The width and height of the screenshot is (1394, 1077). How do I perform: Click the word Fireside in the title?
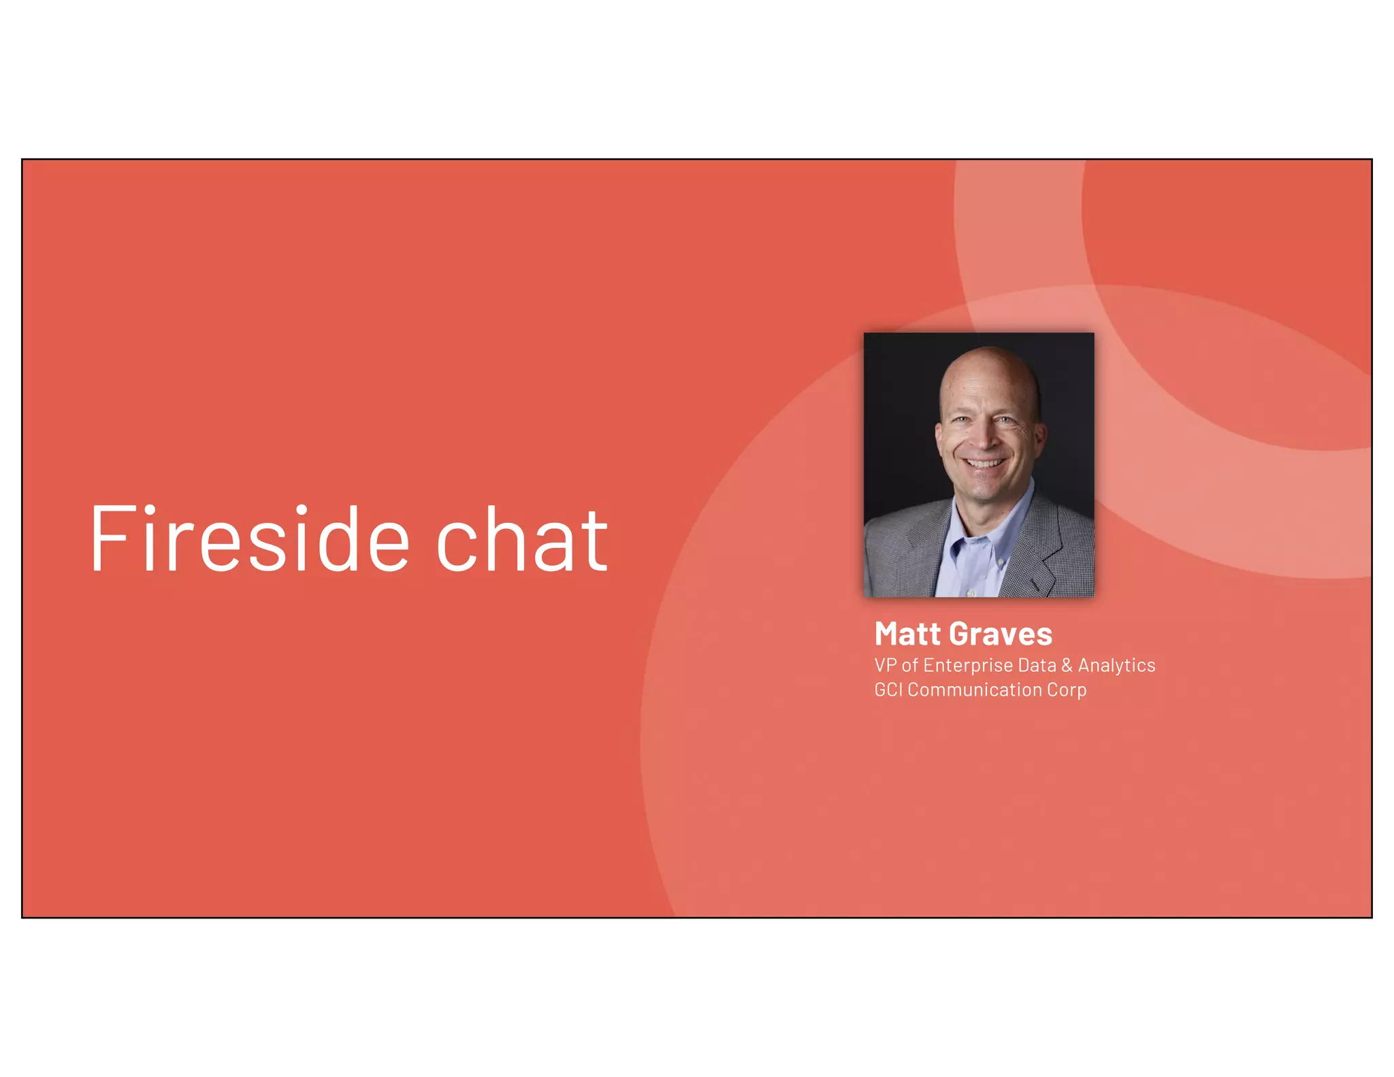(x=249, y=538)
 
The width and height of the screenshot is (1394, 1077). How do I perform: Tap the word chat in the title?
(x=521, y=540)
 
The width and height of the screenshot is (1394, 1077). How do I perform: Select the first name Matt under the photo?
(x=907, y=634)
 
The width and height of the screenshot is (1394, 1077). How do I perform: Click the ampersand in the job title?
(x=1067, y=665)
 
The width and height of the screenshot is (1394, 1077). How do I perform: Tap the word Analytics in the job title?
(x=1116, y=665)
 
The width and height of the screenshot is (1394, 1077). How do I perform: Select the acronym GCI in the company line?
(x=888, y=690)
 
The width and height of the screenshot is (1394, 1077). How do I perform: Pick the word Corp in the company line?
(x=1067, y=690)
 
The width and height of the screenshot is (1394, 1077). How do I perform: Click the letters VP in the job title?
(x=886, y=665)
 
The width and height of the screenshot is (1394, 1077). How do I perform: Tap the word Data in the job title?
(x=1037, y=665)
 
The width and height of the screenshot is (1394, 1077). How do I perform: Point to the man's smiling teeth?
(x=984, y=464)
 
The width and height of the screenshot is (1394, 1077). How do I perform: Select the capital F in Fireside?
(x=109, y=538)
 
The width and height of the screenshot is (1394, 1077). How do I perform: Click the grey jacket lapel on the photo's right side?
(x=1045, y=545)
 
